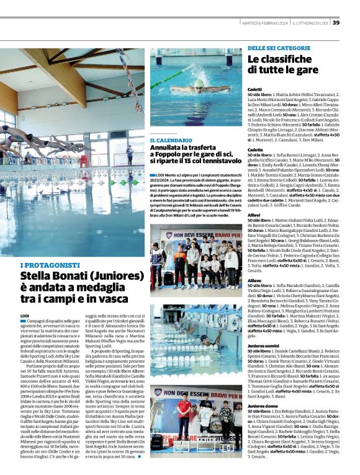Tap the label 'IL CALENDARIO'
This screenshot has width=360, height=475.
tap(171, 141)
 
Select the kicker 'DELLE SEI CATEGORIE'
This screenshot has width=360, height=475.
tap(276, 48)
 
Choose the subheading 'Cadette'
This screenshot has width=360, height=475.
tap(254, 149)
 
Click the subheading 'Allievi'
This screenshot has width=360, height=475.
tap(254, 214)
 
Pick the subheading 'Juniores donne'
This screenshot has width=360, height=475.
tap(263, 406)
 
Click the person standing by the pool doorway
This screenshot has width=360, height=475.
tap(129, 155)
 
